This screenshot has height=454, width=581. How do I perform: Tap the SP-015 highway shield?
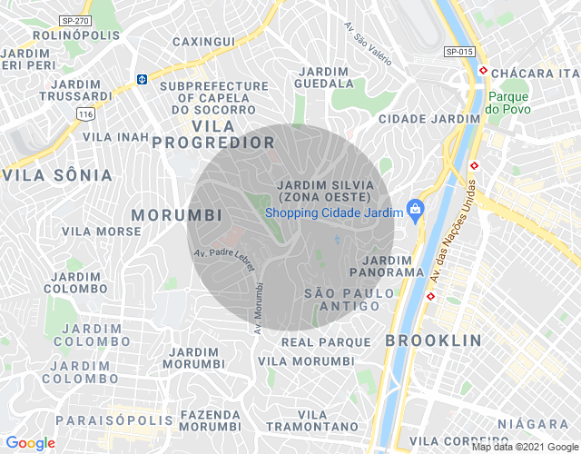[x=460, y=52]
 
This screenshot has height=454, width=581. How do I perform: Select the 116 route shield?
[x=85, y=113]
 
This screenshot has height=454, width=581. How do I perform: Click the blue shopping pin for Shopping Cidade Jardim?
[x=416, y=211]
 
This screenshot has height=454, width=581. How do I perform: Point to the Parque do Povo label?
[x=507, y=103]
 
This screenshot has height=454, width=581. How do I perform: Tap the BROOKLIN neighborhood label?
[x=433, y=340]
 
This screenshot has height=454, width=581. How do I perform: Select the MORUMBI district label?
[x=177, y=215]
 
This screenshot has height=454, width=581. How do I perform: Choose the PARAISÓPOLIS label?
[x=114, y=420]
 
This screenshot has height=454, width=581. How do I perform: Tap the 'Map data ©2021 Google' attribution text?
[x=525, y=446]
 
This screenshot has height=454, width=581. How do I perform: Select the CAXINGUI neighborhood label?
[x=203, y=42]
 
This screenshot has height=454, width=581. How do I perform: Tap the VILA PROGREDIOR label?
[x=213, y=133]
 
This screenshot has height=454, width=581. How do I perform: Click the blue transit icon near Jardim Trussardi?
[x=143, y=79]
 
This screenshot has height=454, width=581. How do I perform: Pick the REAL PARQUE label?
[x=326, y=341]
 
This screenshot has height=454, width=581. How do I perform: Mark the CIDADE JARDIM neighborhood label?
[x=428, y=119]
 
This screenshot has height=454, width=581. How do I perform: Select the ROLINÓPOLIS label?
[x=76, y=35]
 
